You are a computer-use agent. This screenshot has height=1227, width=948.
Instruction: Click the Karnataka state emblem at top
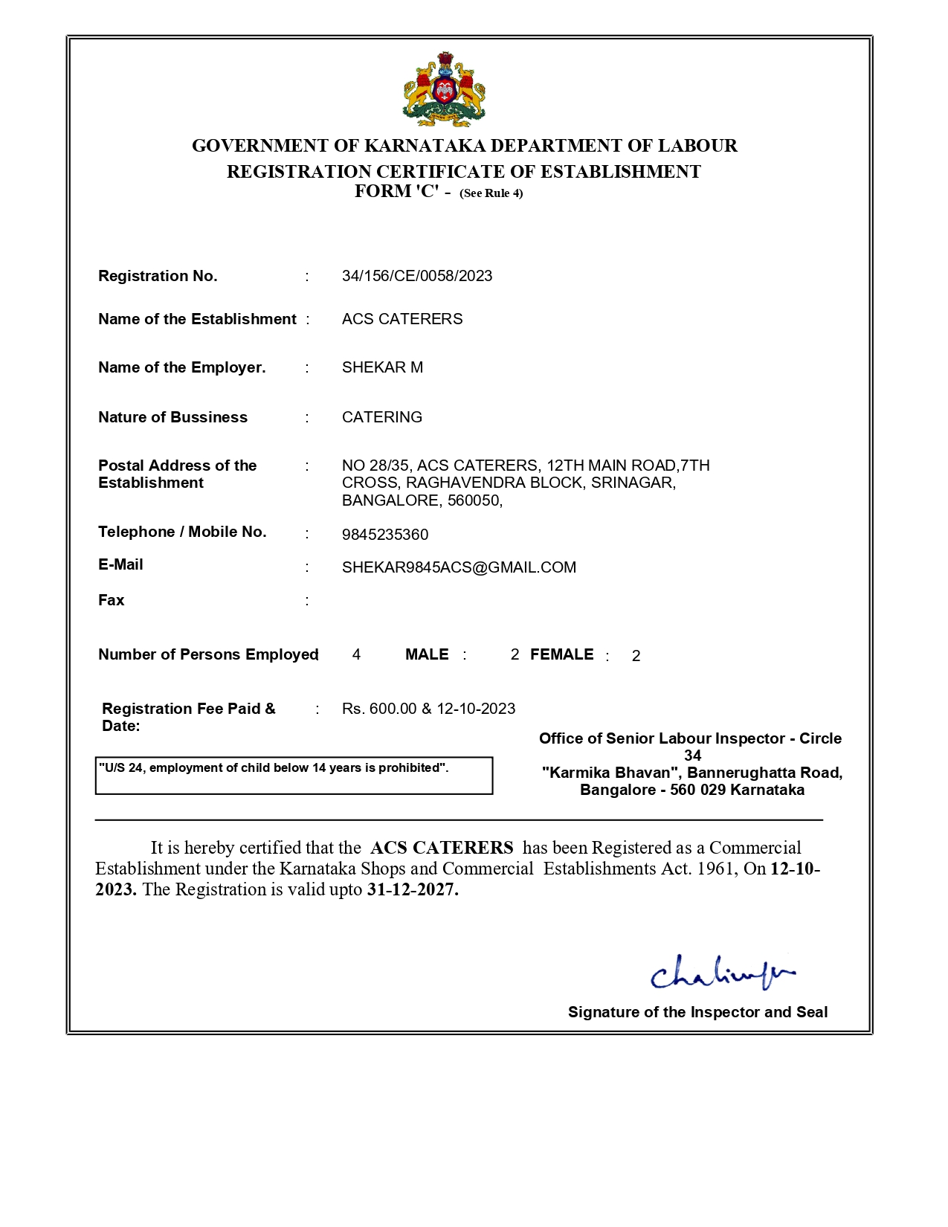pyautogui.click(x=444, y=90)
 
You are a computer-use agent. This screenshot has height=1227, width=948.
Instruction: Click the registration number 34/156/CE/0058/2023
pyautogui.click(x=416, y=276)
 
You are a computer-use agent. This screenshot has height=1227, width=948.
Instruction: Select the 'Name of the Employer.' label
pyautogui.click(x=181, y=367)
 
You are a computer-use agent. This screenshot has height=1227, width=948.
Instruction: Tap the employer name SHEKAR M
pyautogui.click(x=382, y=367)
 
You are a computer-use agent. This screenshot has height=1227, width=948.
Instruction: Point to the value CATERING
pyautogui.click(x=381, y=417)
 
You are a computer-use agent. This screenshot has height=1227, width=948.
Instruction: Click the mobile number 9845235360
pyautogui.click(x=384, y=535)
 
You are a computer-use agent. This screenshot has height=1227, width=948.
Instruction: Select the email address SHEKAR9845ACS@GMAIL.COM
pyautogui.click(x=459, y=567)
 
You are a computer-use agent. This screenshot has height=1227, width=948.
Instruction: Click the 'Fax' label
pyautogui.click(x=112, y=600)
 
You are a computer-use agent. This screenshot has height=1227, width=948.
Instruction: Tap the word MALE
pyautogui.click(x=427, y=654)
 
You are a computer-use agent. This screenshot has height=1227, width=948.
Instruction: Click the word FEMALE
pyautogui.click(x=561, y=654)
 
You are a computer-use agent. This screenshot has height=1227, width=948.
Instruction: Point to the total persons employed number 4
pyautogui.click(x=356, y=654)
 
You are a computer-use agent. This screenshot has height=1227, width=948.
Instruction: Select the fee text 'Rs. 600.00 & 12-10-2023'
pyautogui.click(x=428, y=709)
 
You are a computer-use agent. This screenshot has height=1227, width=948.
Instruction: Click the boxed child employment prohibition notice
pyautogui.click(x=294, y=775)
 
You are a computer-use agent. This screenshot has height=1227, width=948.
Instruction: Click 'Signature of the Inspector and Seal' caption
pyautogui.click(x=697, y=1012)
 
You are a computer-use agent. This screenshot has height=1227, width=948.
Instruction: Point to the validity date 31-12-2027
pyautogui.click(x=412, y=889)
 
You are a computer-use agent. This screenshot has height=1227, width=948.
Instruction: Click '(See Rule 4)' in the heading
pyautogui.click(x=491, y=193)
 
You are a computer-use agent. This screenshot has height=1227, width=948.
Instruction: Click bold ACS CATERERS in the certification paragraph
pyautogui.click(x=442, y=848)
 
